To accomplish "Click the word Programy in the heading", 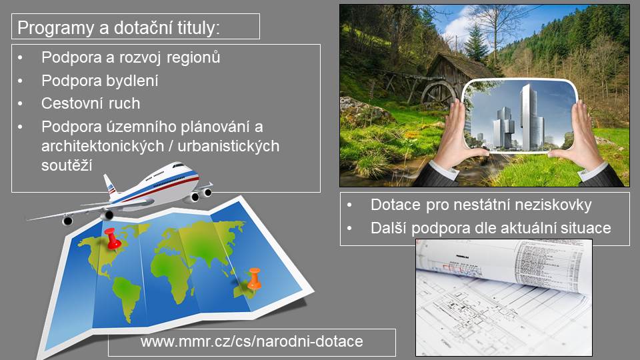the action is click(x=55, y=28).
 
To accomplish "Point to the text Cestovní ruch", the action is click(x=91, y=103).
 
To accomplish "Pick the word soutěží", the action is click(x=67, y=165).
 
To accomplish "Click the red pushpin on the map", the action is click(x=112, y=239).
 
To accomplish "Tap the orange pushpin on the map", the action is click(x=254, y=279).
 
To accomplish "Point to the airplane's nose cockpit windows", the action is click(x=179, y=166).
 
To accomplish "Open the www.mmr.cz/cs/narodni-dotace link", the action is click(x=251, y=341).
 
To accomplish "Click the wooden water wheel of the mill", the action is click(x=437, y=94).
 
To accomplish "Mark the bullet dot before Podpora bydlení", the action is click(x=20, y=81).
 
